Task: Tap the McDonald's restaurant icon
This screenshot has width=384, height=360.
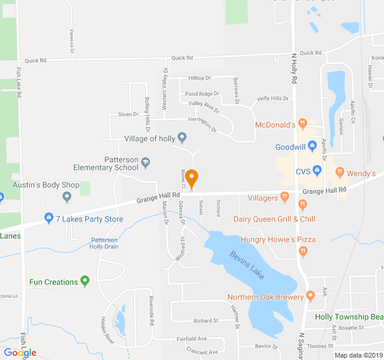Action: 304,125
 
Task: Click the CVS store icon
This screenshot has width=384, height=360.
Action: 316,172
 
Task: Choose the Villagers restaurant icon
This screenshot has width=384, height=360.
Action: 285,197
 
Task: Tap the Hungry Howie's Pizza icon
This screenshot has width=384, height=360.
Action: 304,250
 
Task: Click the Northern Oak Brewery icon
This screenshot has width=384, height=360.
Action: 310,296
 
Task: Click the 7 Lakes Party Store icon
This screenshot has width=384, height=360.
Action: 49,219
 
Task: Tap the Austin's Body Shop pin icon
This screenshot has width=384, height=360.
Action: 67,196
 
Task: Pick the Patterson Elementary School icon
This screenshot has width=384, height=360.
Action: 145,161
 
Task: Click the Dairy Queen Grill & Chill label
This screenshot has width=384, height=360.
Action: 274,219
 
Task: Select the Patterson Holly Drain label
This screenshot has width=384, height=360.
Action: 104,243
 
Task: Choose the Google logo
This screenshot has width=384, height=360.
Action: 20,353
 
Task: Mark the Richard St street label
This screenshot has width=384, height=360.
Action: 206,321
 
